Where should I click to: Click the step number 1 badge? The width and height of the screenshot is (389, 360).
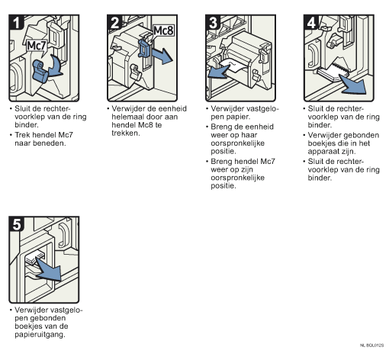16,22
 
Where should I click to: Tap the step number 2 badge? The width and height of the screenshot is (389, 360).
114,22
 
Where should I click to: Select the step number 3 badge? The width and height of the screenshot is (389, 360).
213,22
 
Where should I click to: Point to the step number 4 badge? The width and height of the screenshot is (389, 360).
311,22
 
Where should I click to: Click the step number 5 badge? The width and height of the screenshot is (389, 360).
16,224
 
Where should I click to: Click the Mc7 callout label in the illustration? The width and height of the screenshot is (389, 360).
37,46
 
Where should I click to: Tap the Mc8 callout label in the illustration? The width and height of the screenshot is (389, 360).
164,31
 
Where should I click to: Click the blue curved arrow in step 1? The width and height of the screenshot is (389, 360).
56,66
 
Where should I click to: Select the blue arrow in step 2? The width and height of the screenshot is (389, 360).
162,56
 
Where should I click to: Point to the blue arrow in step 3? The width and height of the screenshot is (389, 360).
218,72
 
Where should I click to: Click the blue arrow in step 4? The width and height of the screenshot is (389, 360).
353,85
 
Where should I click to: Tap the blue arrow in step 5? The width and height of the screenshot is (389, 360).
49,268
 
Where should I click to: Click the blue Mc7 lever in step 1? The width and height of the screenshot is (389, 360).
40,71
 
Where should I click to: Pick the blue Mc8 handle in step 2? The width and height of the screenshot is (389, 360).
144,48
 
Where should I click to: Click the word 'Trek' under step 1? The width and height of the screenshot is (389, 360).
21,135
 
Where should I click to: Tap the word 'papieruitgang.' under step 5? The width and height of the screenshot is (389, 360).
40,335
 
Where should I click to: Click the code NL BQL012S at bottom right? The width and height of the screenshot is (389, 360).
371,346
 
